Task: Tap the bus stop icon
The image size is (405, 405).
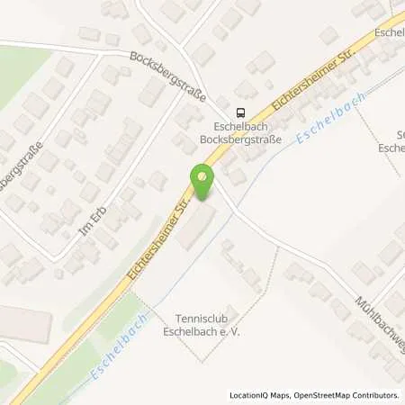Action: [239, 112]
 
